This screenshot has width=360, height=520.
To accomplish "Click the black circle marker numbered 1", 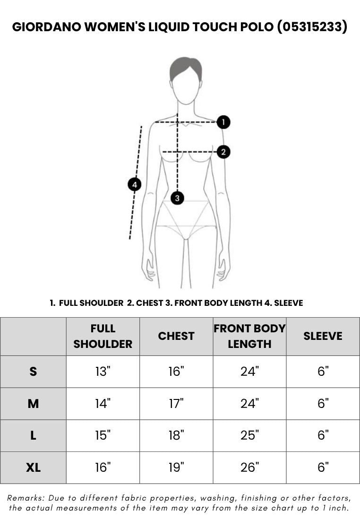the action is tap(223, 122).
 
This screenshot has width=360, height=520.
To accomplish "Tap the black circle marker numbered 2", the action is tap(223, 152).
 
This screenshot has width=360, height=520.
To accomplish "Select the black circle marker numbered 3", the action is tap(177, 198).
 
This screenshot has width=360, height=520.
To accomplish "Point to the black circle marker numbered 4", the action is tap(134, 184).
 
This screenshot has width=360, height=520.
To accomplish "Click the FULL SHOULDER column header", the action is tap(103, 336).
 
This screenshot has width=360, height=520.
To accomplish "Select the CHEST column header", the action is tap(176, 336).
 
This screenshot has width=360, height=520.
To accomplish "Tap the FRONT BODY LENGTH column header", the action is tap(249, 336).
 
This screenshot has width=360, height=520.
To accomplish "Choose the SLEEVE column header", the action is tap(323, 336).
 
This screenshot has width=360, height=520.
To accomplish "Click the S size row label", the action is tap(33, 372).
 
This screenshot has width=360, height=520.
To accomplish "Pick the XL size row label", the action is tap(33, 468).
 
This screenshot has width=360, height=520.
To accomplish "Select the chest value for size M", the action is tap(176, 404).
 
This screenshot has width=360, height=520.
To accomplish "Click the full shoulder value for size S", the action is tap(103, 372).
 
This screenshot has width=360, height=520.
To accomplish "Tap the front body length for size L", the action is tap(249, 435).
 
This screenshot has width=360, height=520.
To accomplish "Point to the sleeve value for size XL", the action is tap(323, 468).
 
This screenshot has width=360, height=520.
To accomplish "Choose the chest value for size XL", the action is tap(176, 468).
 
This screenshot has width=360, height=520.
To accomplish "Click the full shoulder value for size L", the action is tap(103, 435).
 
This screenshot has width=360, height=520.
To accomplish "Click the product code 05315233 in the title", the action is tap(312, 26).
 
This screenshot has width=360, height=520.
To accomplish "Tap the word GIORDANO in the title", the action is tap(47, 27).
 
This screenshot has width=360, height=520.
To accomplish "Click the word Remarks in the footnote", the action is tap(26, 498).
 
